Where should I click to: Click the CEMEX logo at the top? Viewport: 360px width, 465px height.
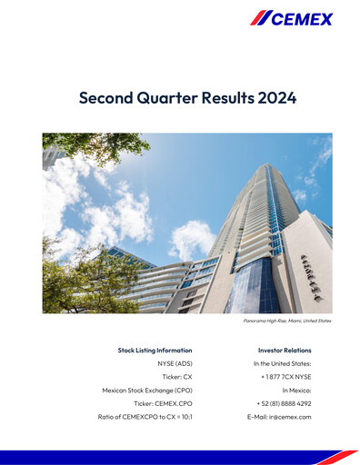point(291,18)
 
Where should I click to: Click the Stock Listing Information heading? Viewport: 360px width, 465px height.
point(155,350)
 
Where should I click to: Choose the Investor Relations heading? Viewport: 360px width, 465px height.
point(285,350)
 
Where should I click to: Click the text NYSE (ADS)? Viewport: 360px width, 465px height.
point(175,363)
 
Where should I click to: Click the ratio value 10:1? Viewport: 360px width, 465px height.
point(183,417)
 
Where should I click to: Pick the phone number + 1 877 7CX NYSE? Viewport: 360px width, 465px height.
point(285,377)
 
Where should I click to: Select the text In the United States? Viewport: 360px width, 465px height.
point(282,363)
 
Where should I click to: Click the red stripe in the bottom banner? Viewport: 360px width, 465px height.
point(337,456)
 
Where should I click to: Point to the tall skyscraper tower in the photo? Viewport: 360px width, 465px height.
point(264,209)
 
